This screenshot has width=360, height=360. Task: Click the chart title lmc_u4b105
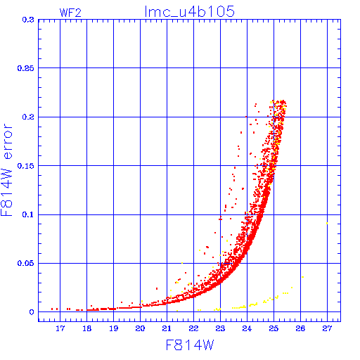click(x=189, y=11)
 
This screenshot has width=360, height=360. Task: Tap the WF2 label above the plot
click(x=70, y=13)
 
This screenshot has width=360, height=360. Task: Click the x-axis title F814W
click(x=190, y=345)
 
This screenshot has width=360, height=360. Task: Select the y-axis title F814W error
click(x=6, y=170)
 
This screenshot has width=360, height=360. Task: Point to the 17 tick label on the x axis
click(x=60, y=328)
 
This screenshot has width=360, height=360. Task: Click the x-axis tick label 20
click(x=140, y=328)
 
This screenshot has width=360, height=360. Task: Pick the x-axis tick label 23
click(x=220, y=328)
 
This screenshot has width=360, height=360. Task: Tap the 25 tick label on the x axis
click(x=274, y=328)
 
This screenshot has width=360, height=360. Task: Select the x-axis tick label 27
click(x=327, y=328)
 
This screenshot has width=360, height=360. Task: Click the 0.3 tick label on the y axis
click(x=28, y=20)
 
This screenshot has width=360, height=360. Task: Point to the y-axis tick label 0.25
click(x=26, y=68)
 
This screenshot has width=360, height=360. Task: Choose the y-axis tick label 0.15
click(x=26, y=166)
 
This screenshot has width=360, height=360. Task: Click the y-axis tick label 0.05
click(x=26, y=263)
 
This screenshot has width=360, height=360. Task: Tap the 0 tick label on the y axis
click(x=32, y=312)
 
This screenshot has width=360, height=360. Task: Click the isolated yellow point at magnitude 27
click(x=327, y=224)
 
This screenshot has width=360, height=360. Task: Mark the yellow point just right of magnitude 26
click(x=302, y=277)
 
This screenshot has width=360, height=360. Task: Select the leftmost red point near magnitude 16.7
click(x=52, y=309)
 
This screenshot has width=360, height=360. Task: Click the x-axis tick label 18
click(x=86, y=328)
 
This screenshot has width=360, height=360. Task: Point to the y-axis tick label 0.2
click(x=28, y=117)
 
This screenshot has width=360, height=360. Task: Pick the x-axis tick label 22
click(x=193, y=328)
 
